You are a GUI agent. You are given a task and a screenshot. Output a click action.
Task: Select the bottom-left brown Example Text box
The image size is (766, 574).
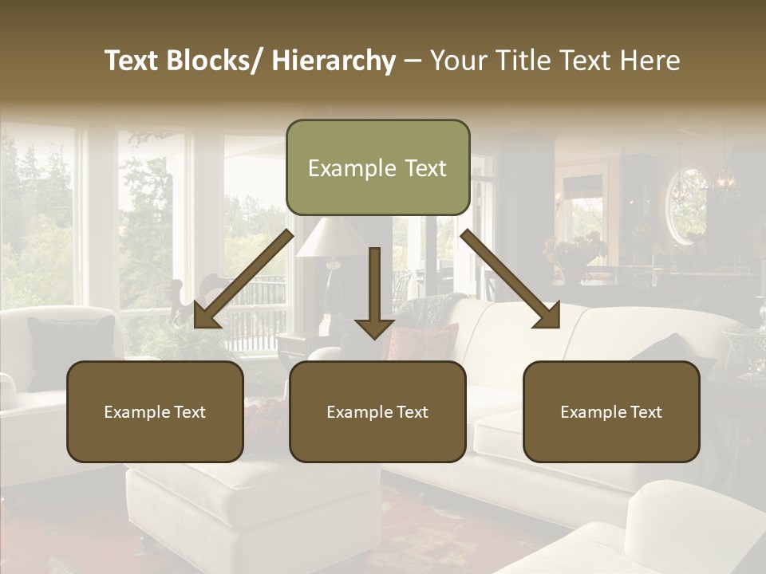tap(155, 411)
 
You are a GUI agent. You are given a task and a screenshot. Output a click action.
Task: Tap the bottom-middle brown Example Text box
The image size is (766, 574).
tap(377, 411)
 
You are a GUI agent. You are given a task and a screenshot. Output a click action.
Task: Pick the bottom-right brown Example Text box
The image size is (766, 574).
tap(611, 411)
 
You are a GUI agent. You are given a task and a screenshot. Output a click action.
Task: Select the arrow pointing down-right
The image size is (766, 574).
tap(511, 278)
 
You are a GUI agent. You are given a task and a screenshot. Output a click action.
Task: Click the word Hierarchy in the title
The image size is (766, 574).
tap(334, 61)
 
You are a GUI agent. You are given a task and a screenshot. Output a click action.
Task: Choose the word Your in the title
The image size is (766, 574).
tap(457, 61)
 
